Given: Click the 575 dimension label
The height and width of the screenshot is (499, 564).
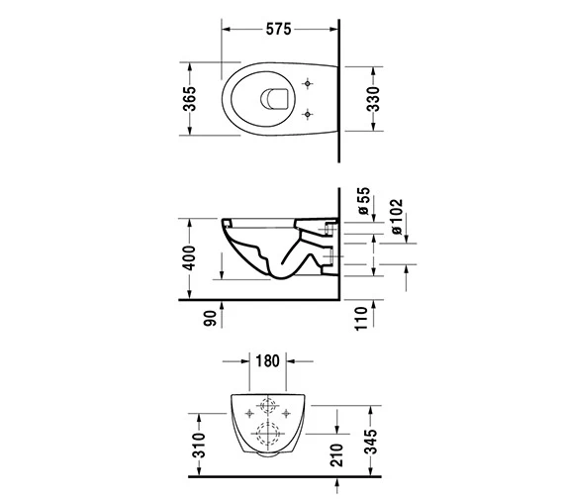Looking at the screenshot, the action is pos(278,29).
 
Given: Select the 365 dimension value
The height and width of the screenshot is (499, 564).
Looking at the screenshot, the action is pos(190,99).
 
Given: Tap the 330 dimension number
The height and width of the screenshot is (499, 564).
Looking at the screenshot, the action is pos(374,99).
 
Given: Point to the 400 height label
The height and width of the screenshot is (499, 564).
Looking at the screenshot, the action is pos(189,257).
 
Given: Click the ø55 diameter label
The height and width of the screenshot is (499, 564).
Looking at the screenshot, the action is pos(364,201).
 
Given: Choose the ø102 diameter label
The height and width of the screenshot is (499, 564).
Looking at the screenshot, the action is pos(396,217).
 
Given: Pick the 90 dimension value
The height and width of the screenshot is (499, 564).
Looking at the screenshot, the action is pos(211,318).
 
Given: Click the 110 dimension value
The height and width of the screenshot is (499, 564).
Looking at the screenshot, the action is pos(361,319).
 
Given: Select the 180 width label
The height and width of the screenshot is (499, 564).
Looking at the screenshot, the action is pos(267,360).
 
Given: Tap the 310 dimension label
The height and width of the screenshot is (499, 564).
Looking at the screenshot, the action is pos(199,446).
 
